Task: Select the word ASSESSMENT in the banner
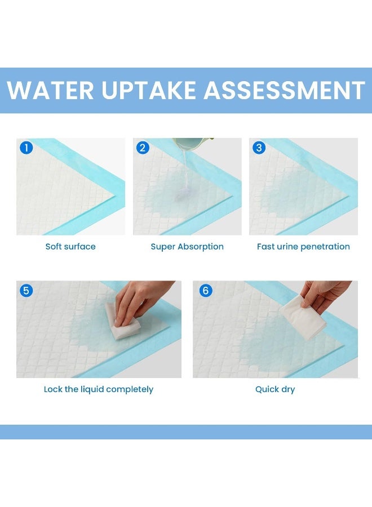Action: (285, 91)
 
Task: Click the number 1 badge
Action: (26, 148)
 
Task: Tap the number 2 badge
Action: (143, 148)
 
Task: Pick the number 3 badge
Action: (259, 148)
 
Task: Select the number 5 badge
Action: (26, 291)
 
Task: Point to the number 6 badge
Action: (206, 291)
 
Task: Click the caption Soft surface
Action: (70, 247)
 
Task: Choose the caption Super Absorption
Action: (187, 247)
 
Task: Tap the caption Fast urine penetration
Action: (303, 247)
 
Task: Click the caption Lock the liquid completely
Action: (99, 389)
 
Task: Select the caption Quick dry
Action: (275, 389)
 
